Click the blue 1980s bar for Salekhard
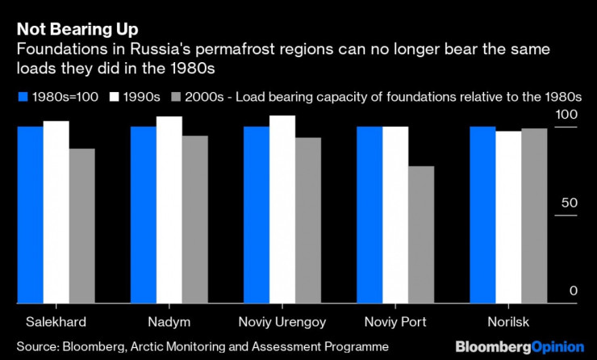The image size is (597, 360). [31, 215]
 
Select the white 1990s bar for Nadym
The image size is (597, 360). [169, 210]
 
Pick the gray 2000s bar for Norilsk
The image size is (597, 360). [534, 216]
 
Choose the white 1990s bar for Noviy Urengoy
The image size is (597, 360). [282, 209]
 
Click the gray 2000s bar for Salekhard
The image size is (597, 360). [81, 226]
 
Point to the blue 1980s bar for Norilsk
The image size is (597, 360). [482, 215]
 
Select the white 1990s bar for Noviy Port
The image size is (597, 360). [395, 215]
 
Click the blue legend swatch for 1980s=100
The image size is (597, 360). [22, 97]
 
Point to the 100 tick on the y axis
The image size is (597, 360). [569, 115]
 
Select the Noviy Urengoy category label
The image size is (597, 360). [282, 321]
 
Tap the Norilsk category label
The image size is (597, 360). [508, 321]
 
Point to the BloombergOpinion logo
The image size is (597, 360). [519, 345]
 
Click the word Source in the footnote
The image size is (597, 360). [37, 345]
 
